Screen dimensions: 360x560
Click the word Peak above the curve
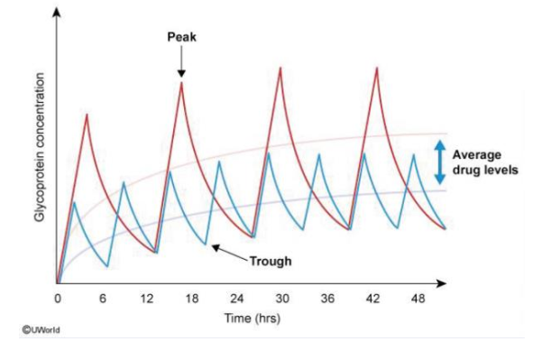click(x=181, y=38)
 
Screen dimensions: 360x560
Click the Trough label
click(x=271, y=262)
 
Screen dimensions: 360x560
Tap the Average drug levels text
click(x=484, y=162)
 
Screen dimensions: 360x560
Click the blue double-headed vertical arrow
click(x=439, y=162)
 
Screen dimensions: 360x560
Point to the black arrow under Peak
click(x=181, y=64)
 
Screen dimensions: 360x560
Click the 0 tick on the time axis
click(x=58, y=299)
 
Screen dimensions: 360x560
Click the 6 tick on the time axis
click(x=103, y=299)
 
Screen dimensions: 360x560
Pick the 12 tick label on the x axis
click(x=147, y=299)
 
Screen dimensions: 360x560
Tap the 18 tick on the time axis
click(x=192, y=299)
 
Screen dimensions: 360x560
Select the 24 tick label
click(x=237, y=299)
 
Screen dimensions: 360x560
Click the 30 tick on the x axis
click(x=282, y=299)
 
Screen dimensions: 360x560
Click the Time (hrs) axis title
click(x=252, y=318)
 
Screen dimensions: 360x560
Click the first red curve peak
click(x=87, y=114)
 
